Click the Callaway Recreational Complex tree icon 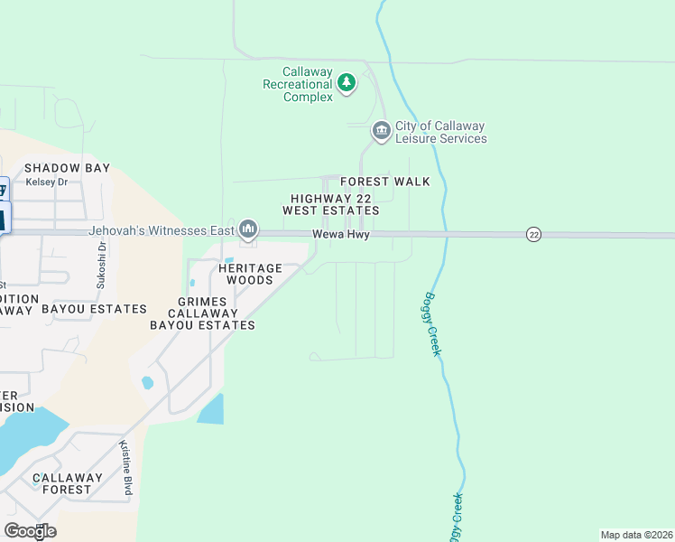click(x=346, y=84)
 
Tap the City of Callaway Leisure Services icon click(x=381, y=132)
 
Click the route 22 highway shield click(x=534, y=234)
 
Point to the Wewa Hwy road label click(x=341, y=235)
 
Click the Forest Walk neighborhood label click(x=384, y=182)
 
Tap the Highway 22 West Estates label click(x=330, y=204)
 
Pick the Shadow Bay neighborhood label click(x=67, y=168)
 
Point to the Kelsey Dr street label click(x=47, y=182)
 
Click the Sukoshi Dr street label click(x=102, y=264)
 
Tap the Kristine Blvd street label click(x=126, y=468)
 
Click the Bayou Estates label click(x=94, y=309)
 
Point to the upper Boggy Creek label click(x=432, y=323)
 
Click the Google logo click(x=30, y=531)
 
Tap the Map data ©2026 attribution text click(x=636, y=535)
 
